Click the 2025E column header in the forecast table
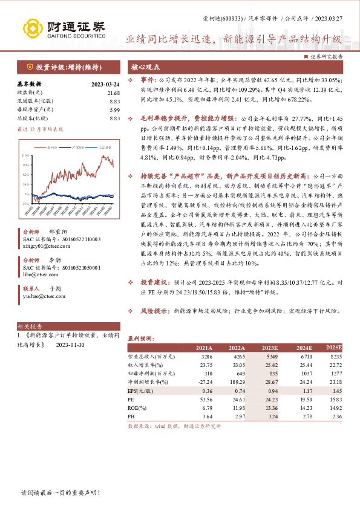[333, 348]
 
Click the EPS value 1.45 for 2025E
[336, 391]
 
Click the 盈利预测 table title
[142, 339]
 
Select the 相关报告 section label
[28, 325]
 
